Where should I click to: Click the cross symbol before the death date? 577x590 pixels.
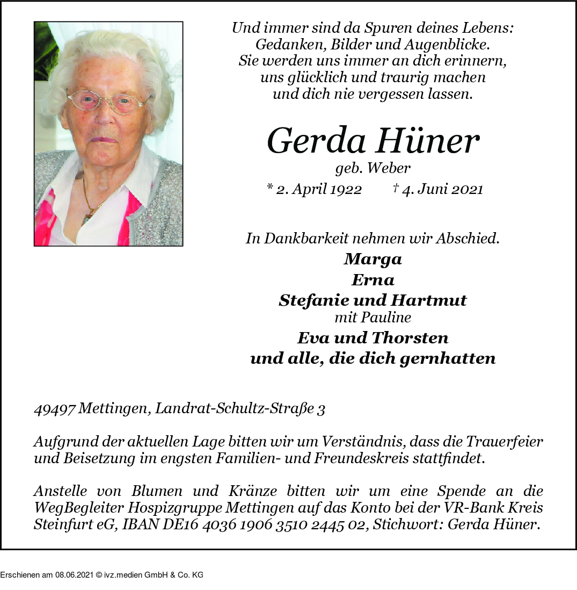(x=396, y=188)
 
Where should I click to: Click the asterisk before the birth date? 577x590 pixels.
(x=269, y=188)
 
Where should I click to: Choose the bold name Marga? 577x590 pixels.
(x=373, y=260)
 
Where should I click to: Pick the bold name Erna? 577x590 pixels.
(x=373, y=280)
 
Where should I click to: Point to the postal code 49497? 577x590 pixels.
(x=54, y=409)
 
